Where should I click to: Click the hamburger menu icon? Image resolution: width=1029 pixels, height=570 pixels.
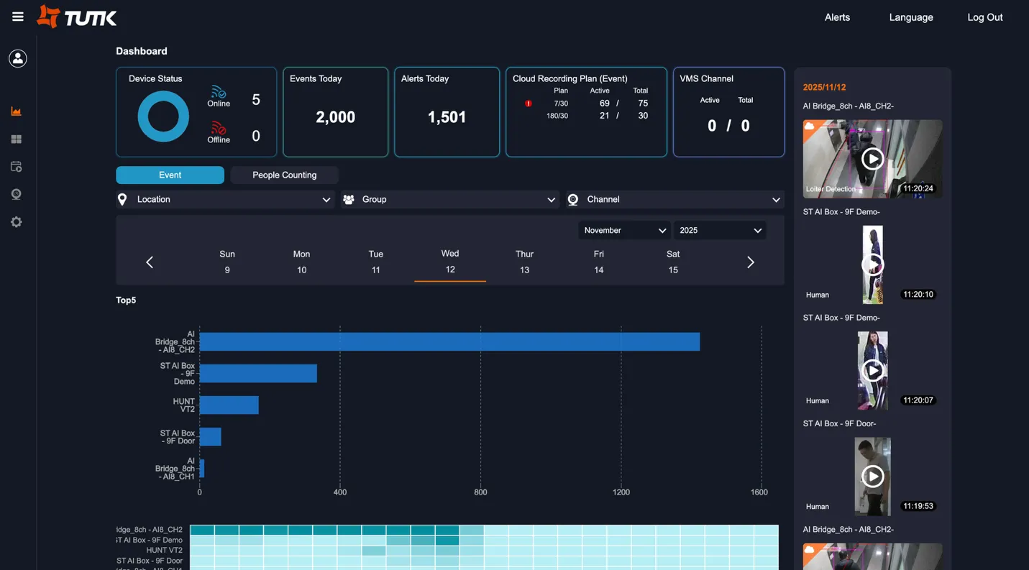pos(18,17)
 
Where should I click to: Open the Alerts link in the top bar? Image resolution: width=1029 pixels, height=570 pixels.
pos(837,17)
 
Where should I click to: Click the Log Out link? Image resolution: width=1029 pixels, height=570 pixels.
pos(984,17)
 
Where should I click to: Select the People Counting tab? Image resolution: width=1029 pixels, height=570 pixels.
pos(284,175)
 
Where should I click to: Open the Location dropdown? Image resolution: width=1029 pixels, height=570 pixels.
pos(224,200)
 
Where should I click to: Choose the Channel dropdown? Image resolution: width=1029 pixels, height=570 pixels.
pos(674,200)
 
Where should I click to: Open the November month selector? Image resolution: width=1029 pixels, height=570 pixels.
pos(624,231)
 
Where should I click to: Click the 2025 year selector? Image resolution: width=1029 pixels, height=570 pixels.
pos(719,231)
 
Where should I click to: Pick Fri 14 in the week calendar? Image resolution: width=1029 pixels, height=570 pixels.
pos(598,262)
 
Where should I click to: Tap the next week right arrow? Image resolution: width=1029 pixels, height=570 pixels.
pos(750,262)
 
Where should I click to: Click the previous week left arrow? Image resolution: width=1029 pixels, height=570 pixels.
pos(150,262)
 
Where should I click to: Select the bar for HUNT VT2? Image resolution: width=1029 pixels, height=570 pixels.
pos(229,405)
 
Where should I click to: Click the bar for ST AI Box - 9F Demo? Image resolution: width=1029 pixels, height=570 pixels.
pos(258,373)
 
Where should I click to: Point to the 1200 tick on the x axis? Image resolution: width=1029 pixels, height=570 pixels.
pos(621,492)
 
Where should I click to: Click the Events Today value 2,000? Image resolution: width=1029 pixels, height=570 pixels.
pos(335,117)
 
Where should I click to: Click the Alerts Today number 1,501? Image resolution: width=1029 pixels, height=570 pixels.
pos(447,117)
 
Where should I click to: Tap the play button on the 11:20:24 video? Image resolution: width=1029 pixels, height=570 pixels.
pos(872,159)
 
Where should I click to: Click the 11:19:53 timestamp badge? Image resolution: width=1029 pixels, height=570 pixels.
pos(918,506)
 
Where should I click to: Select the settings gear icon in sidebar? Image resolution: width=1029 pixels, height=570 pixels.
pos(17,223)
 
